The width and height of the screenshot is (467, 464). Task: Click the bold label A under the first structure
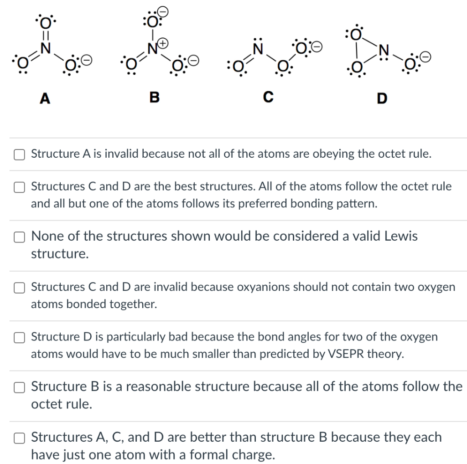click(44, 98)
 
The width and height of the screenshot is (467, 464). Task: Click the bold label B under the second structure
click(155, 98)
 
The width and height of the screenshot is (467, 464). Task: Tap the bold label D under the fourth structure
click(382, 98)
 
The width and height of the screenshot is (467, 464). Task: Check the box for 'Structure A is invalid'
click(19, 155)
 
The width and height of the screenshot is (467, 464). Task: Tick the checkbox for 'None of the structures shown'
click(19, 237)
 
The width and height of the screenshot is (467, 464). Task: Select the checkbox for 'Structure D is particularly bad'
click(19, 337)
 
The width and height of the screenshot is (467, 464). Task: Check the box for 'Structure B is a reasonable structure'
click(19, 387)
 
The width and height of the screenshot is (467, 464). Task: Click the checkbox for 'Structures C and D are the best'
click(19, 187)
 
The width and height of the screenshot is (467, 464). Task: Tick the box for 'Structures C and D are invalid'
click(19, 287)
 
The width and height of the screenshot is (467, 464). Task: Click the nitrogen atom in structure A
click(45, 47)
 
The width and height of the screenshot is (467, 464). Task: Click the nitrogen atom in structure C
click(259, 47)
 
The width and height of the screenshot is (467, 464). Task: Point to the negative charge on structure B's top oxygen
click(163, 10)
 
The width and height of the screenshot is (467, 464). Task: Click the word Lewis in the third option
click(401, 237)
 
